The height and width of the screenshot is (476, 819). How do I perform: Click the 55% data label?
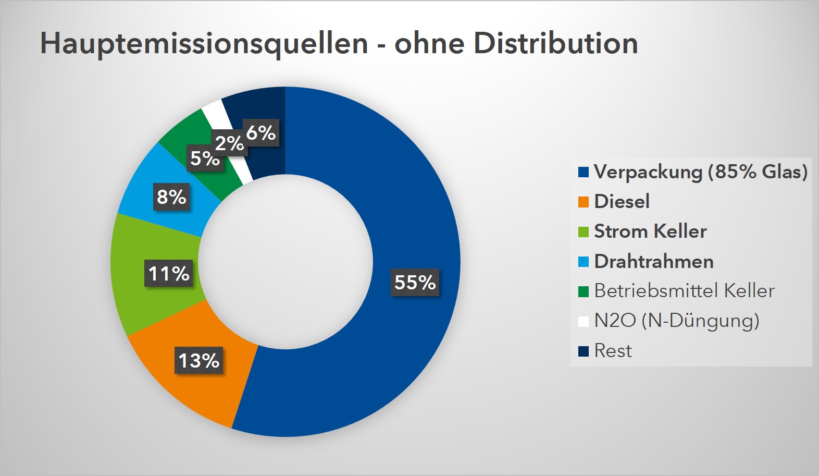point(415,282)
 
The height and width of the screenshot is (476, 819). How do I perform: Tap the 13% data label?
point(199,360)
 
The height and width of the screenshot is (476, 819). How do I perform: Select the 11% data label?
point(169,273)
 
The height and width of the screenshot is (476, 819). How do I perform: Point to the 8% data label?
point(171,197)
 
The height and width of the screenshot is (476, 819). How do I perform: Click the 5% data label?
point(204,158)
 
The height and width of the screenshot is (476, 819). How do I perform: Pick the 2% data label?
point(229,143)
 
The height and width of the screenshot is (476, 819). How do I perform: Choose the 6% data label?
point(261,132)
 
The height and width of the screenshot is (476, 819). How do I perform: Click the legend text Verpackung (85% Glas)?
point(701,172)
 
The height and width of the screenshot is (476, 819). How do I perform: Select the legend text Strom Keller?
point(650,231)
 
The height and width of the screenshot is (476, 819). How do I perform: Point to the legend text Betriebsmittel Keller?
point(684,290)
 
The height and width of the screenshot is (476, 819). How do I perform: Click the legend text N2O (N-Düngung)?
point(677,320)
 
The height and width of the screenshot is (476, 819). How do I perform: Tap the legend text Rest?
point(613,350)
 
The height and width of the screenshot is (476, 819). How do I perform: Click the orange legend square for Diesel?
point(584,202)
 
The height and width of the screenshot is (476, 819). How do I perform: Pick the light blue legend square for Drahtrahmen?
point(584,262)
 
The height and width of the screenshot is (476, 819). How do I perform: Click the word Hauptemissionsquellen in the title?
point(204,43)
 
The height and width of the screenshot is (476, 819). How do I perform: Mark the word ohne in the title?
point(429,43)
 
